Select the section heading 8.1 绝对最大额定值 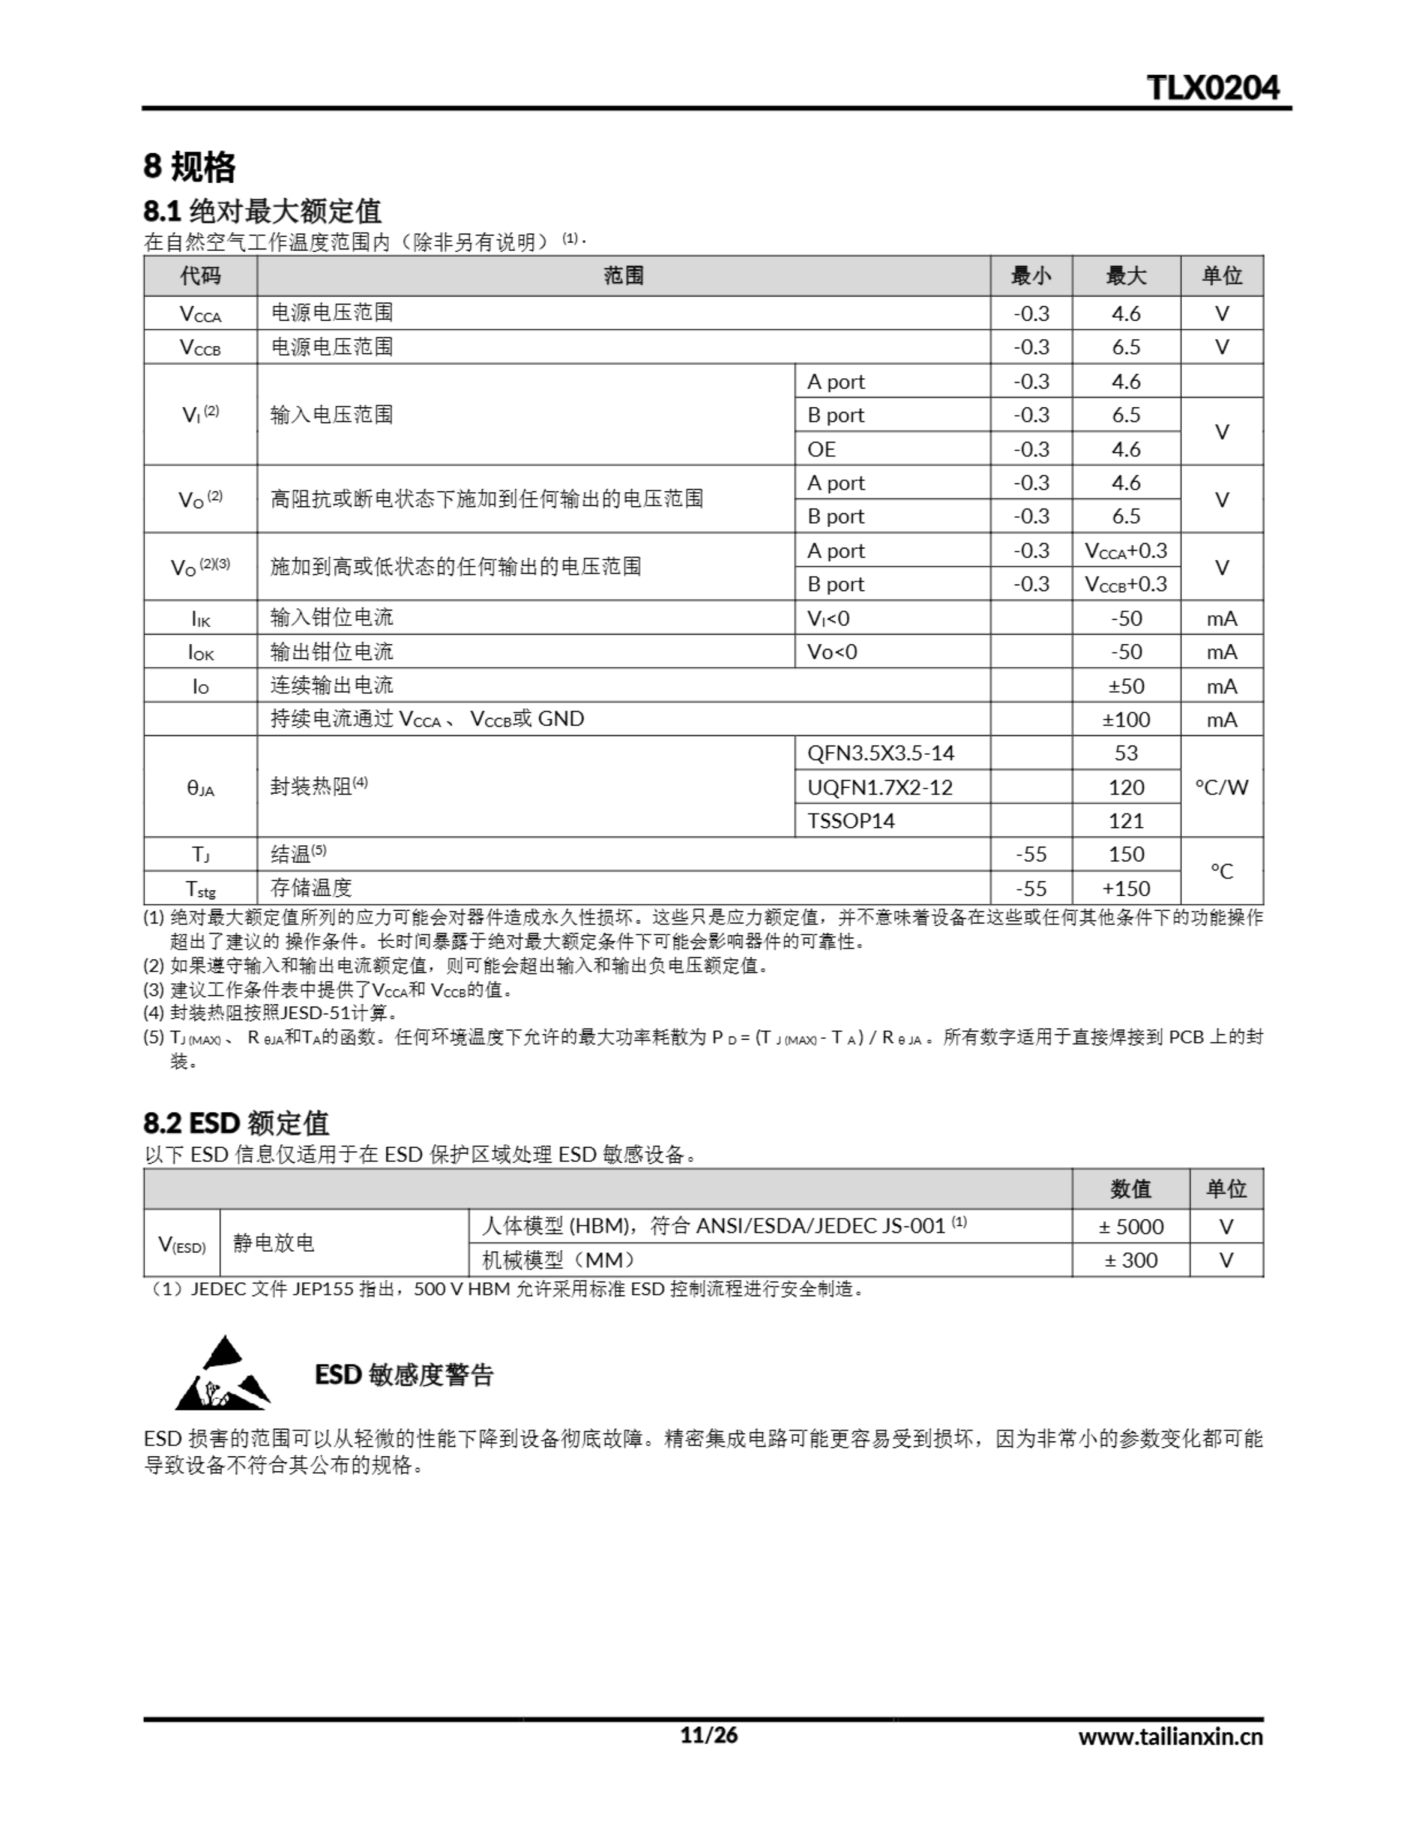(262, 211)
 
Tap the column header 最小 (1030, 275)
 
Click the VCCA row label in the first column (200, 314)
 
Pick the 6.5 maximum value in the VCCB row (1125, 347)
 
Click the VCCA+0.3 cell (1125, 551)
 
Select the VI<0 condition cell (827, 618)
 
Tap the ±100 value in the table (1125, 719)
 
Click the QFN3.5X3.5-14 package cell (880, 752)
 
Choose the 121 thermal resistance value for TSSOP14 (1125, 821)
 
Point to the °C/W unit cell (1221, 786)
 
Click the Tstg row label (200, 888)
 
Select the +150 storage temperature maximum (1125, 888)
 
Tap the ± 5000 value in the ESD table (1130, 1226)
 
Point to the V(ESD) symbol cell (182, 1244)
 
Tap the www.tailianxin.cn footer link (1169, 1737)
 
